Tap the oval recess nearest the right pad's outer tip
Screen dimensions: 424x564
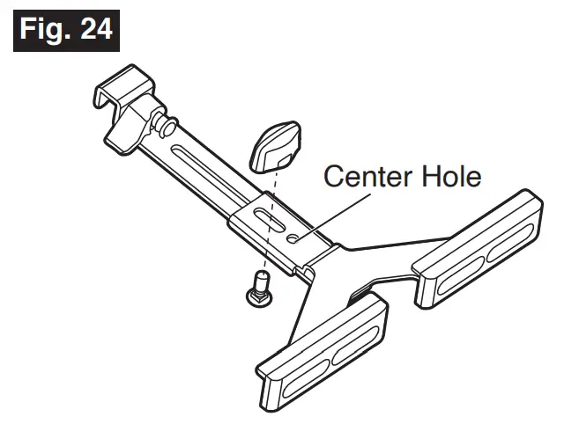click(x=511, y=241)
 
